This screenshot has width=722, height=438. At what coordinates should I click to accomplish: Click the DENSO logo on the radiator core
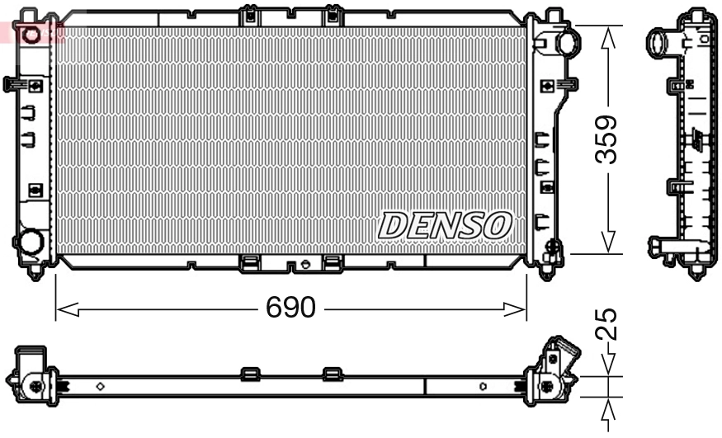pos(446,224)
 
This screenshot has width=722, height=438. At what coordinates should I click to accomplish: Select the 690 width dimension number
pos(290,308)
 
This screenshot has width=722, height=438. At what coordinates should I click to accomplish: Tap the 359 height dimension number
pos(608,139)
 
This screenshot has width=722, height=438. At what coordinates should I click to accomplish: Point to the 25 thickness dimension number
pos(607,323)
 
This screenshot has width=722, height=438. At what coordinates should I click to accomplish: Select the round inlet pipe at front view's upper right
pos(568,40)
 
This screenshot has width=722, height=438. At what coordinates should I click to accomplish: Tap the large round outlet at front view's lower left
pos(31,243)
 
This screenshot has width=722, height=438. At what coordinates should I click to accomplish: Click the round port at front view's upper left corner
pos(31,35)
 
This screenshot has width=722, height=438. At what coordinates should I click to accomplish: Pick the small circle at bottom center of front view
pos(306,265)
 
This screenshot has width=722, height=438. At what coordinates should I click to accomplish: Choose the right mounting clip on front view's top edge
pos(333,15)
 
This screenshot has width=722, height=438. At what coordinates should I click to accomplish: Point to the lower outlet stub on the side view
pos(660,244)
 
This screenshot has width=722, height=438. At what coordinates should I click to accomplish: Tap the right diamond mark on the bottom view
pos(484,385)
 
